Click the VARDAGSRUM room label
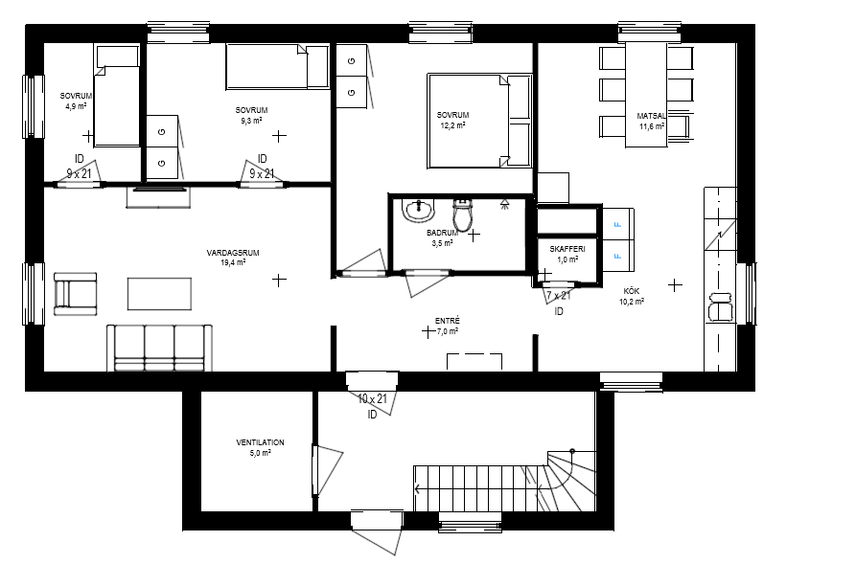pos(233,253)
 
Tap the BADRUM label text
pos(442,233)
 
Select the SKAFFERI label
pos(567,249)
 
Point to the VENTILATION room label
pos(260,442)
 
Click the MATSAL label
pos(651,116)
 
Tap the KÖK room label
pos(631,291)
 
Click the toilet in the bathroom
pos(462,214)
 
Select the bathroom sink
pos(419,211)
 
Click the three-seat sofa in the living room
pos(159,348)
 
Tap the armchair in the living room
pos(76,294)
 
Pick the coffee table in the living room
pos(159,293)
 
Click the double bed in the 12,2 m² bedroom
pos(480,121)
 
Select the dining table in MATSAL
pos(646,95)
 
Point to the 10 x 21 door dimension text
pos(372,398)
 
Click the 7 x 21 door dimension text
pos(559,296)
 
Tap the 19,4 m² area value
pos(233,262)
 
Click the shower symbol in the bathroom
pos(504,205)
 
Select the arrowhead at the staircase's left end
pos(418,488)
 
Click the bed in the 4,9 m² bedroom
pos(116,97)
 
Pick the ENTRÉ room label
pos(447,322)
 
